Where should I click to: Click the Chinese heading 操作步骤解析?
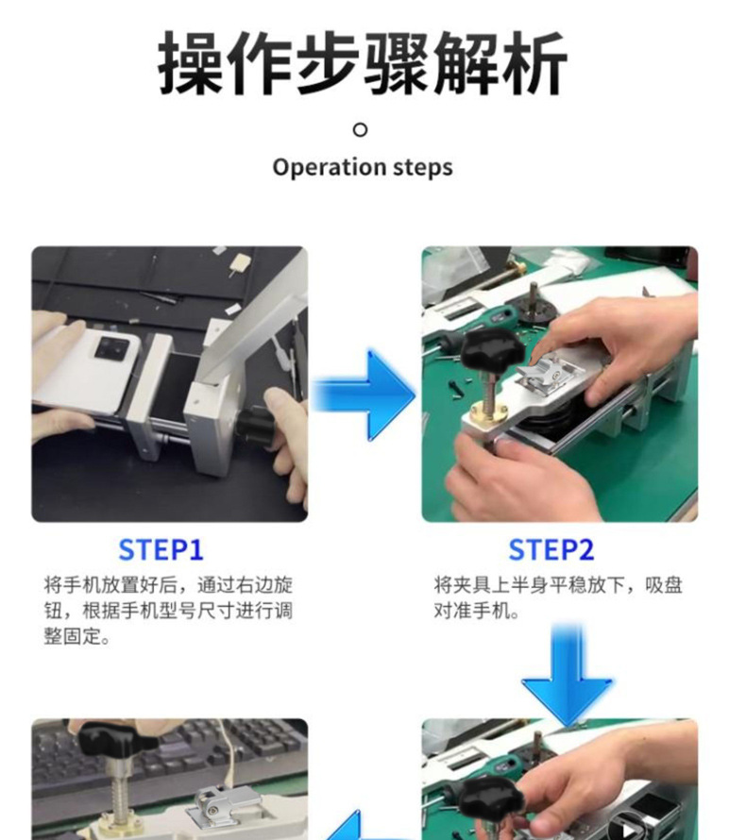[x=363, y=64]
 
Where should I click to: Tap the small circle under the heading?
[x=360, y=129]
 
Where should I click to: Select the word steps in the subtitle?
[x=423, y=168]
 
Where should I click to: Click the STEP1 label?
[x=161, y=549]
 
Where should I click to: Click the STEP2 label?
[x=551, y=549]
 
